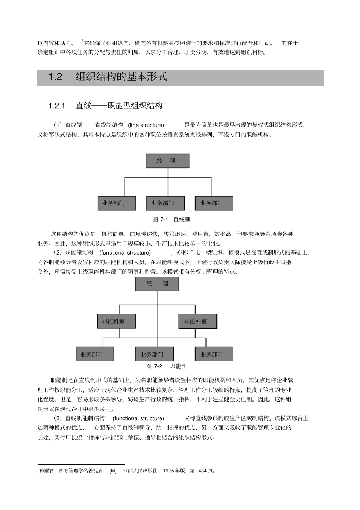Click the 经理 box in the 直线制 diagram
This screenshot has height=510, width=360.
[x=167, y=161]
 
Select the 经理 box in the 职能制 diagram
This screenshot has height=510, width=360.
[x=157, y=283]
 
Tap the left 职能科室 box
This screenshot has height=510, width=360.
[x=116, y=321]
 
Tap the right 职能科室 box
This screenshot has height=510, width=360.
[x=198, y=321]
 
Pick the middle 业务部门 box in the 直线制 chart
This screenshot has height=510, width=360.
[x=165, y=203]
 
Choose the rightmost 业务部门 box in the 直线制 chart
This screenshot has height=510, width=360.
[x=214, y=203]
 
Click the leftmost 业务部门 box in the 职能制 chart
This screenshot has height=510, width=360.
[x=95, y=354]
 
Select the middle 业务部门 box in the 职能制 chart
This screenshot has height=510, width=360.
[x=154, y=354]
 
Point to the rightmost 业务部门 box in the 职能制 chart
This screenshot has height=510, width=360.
[x=214, y=354]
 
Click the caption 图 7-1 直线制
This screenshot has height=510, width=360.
[x=171, y=219]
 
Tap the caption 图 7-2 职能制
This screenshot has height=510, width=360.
[x=166, y=366]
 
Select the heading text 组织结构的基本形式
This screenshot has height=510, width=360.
[x=121, y=77]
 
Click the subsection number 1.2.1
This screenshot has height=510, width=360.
[x=57, y=106]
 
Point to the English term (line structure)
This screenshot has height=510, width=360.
[x=146, y=125]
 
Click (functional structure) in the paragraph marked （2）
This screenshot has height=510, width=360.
[x=125, y=253]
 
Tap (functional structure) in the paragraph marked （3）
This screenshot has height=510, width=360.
[x=138, y=418]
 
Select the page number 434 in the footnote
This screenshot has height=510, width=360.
[x=203, y=471]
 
